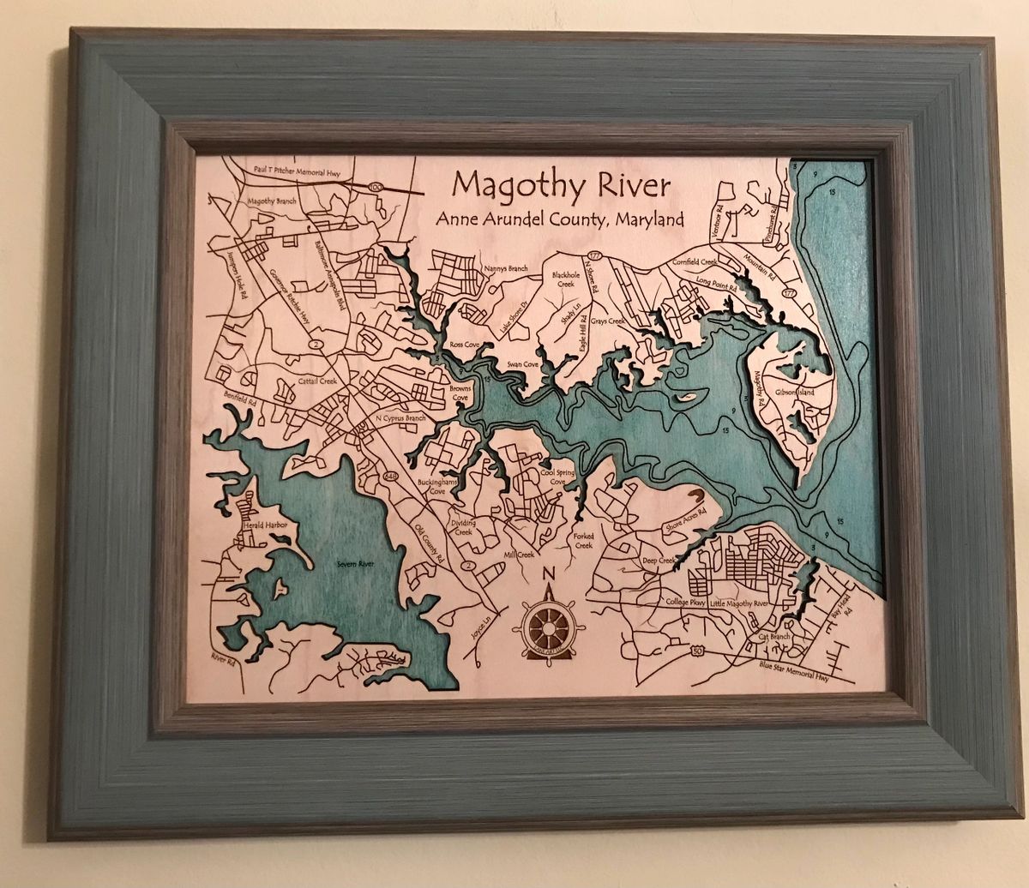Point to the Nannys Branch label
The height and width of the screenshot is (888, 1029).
[x=506, y=268]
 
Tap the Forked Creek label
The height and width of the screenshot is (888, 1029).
[x=583, y=540]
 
